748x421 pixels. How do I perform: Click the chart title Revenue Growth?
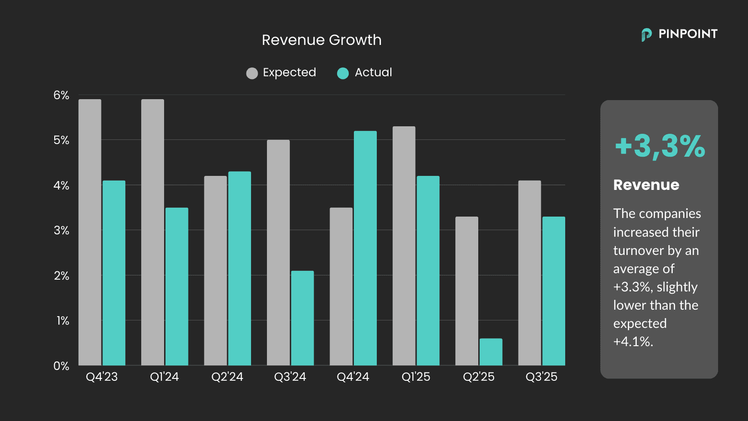pyautogui.click(x=322, y=40)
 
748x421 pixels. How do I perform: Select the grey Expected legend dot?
pyautogui.click(x=252, y=73)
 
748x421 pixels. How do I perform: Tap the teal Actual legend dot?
pyautogui.click(x=343, y=73)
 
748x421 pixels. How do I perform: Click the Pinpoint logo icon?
pyautogui.click(x=646, y=35)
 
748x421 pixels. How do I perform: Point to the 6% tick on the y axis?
pyautogui.click(x=61, y=95)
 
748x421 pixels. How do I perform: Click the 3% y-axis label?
pyautogui.click(x=61, y=231)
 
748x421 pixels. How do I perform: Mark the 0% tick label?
pyautogui.click(x=61, y=366)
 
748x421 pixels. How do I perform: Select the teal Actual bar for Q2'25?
pyautogui.click(x=491, y=352)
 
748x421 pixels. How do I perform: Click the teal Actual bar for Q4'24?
pyautogui.click(x=365, y=248)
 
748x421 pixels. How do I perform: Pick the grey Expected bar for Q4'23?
pyautogui.click(x=90, y=232)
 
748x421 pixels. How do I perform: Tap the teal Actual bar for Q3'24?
pyautogui.click(x=302, y=318)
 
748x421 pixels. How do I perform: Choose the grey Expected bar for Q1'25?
pyautogui.click(x=404, y=246)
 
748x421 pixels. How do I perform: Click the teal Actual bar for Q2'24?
pyautogui.click(x=239, y=268)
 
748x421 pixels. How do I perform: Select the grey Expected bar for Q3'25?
pyautogui.click(x=530, y=273)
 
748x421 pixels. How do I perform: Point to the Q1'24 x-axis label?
pyautogui.click(x=165, y=377)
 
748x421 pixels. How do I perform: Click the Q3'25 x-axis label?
pyautogui.click(x=541, y=377)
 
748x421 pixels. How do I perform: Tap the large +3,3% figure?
pyautogui.click(x=660, y=146)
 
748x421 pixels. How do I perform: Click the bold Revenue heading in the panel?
pyautogui.click(x=646, y=185)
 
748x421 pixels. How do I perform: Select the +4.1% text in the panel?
pyautogui.click(x=633, y=342)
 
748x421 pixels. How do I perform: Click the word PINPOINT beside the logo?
pyautogui.click(x=688, y=34)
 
